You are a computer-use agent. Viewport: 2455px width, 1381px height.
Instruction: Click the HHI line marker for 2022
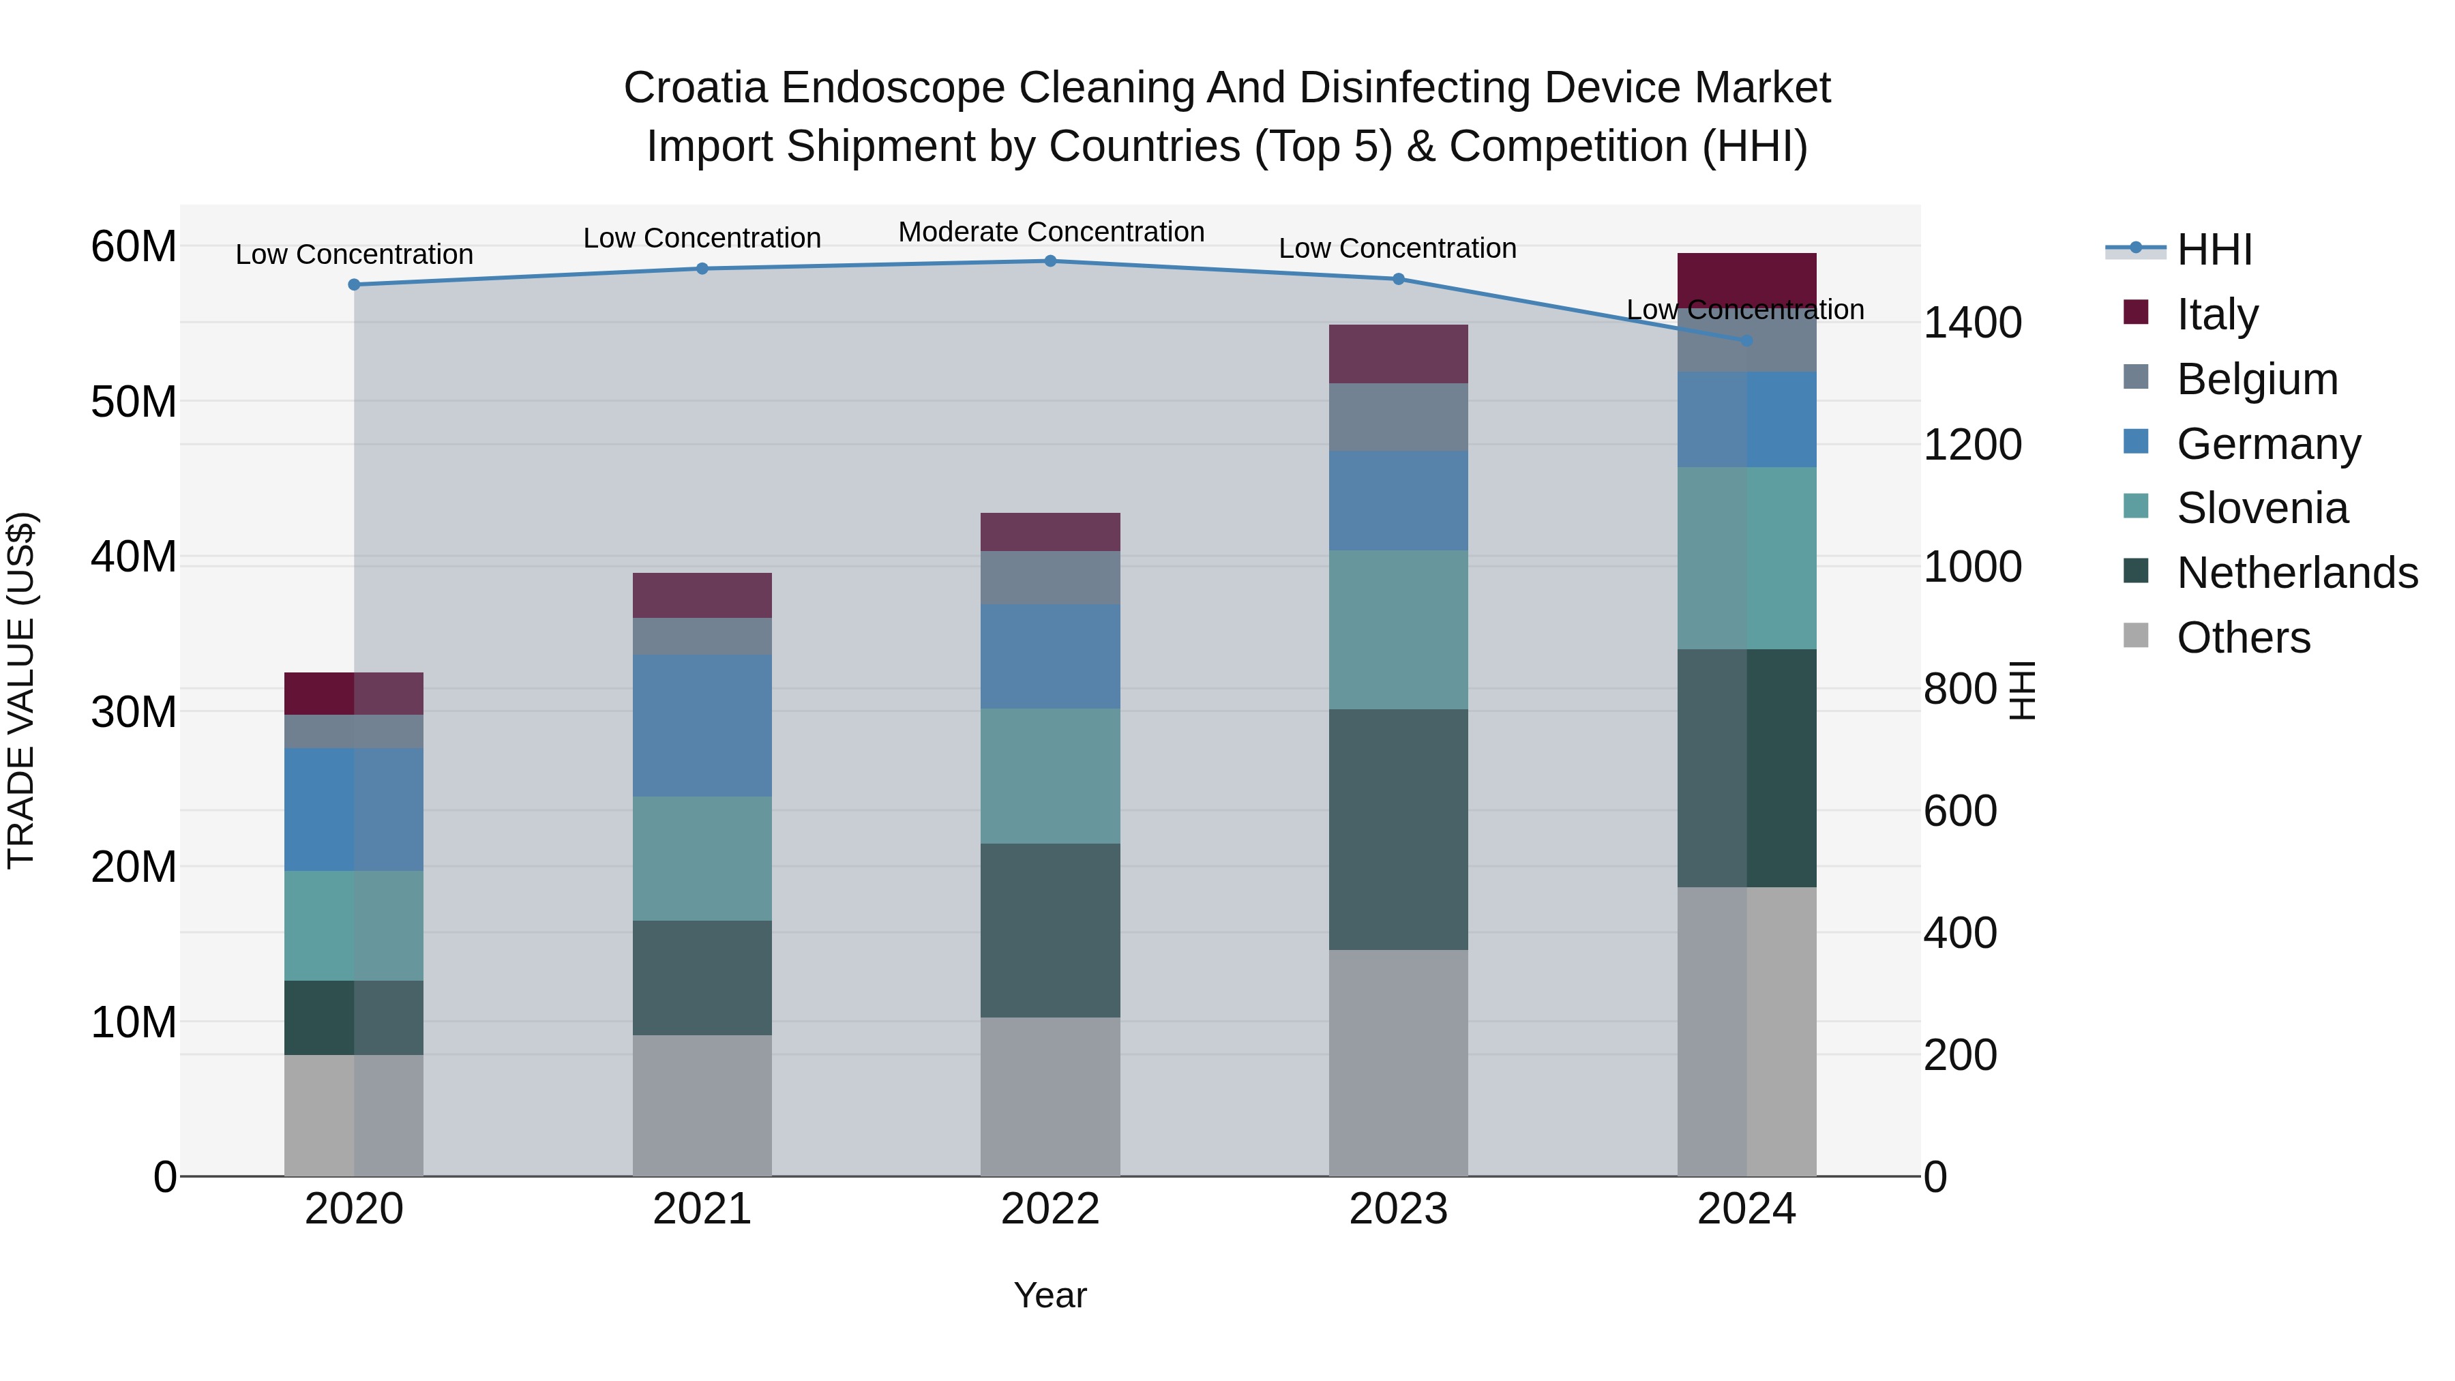coord(1050,261)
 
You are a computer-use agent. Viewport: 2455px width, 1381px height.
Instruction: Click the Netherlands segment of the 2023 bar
coord(1398,829)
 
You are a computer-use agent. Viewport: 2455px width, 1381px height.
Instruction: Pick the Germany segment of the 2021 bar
coord(702,726)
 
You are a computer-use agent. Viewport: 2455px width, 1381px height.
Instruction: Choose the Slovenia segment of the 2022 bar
coord(1050,776)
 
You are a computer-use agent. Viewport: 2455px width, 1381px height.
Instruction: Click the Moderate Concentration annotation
coord(1051,232)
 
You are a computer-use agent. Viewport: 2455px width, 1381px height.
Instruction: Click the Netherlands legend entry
coord(2297,573)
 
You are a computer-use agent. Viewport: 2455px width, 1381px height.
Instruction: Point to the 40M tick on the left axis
coord(134,556)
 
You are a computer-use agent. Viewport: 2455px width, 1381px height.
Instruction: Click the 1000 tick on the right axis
coord(1972,567)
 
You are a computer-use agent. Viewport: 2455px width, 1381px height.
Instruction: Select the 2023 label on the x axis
coord(1398,1209)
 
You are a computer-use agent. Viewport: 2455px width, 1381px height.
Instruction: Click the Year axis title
coord(1050,1295)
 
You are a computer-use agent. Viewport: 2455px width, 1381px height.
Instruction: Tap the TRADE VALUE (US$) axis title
coord(21,690)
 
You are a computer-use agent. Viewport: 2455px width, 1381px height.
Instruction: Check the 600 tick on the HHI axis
coord(1959,811)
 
